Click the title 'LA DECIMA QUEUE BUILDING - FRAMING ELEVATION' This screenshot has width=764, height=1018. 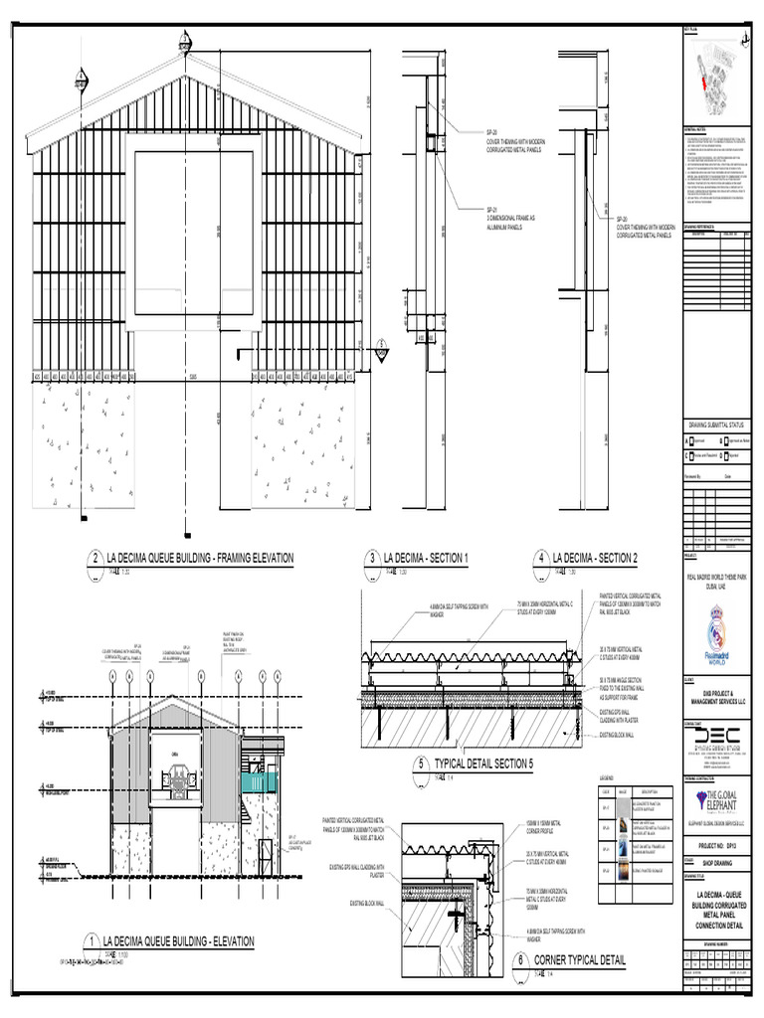(x=191, y=559)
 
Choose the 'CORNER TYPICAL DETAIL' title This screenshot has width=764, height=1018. (x=580, y=960)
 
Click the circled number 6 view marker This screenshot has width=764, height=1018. (x=519, y=961)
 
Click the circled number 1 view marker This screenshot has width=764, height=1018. (x=91, y=941)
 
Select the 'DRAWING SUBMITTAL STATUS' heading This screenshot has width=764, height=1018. (x=716, y=424)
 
